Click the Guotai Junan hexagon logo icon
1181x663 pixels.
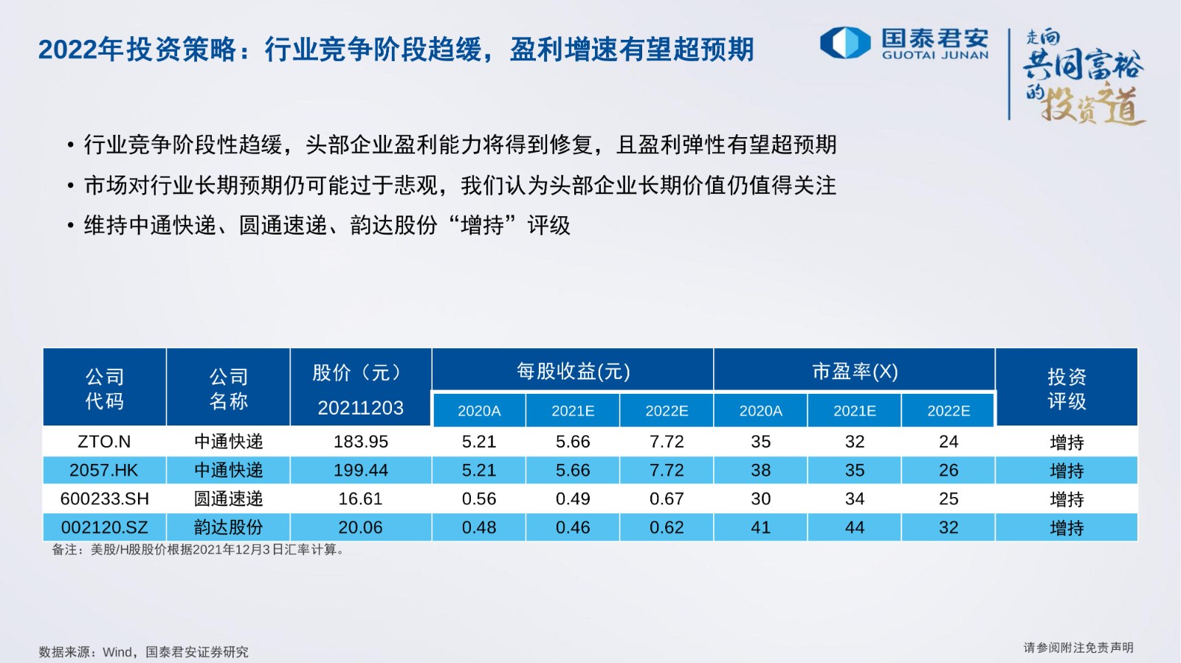[x=845, y=43]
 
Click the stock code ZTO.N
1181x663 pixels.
[x=104, y=441]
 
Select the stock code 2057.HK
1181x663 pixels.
[x=104, y=470]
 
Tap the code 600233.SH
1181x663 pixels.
[x=104, y=498]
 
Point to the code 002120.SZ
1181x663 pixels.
[x=104, y=527]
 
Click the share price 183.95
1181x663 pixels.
[x=361, y=441]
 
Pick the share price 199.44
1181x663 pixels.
[x=361, y=470]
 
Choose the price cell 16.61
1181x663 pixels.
[x=361, y=498]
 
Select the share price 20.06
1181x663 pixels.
[x=361, y=527]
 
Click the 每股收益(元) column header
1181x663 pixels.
[x=573, y=372]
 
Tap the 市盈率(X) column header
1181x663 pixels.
[x=855, y=372]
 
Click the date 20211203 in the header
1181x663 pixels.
[x=361, y=408]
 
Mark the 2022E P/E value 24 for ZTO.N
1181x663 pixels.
[x=948, y=441]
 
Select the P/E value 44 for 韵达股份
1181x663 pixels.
[x=855, y=527]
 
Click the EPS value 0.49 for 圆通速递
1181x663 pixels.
[x=573, y=498]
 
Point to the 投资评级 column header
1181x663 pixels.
[x=1067, y=389]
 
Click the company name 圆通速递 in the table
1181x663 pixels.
[x=228, y=498]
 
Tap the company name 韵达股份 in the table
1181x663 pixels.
[x=228, y=527]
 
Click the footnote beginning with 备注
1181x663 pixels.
[x=199, y=549]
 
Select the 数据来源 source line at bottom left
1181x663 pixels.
[x=143, y=652]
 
